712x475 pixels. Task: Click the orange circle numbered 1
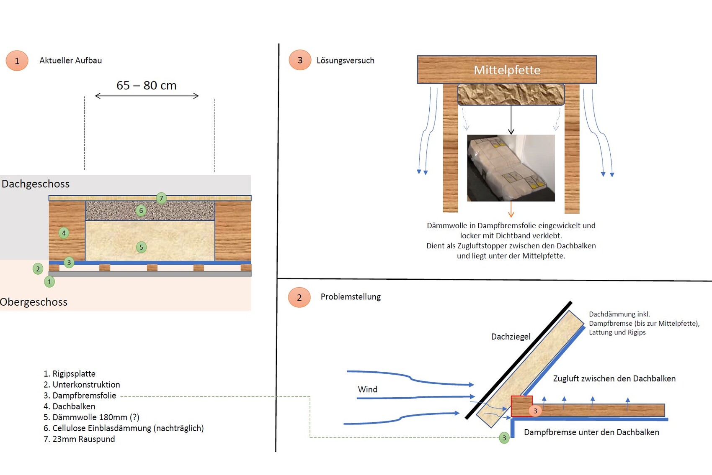[17, 61]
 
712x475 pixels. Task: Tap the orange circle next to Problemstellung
[299, 297]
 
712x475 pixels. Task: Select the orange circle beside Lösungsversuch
[300, 60]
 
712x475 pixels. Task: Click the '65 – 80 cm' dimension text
[147, 85]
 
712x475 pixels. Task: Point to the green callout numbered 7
[161, 198]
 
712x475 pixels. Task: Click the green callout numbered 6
[141, 210]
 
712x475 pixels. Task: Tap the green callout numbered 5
[142, 247]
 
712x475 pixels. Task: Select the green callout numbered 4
[64, 233]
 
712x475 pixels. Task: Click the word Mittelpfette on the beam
[507, 70]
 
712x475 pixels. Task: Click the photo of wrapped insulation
[511, 168]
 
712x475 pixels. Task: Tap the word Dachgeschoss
[36, 184]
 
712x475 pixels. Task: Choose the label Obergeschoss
[34, 302]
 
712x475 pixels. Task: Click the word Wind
[367, 389]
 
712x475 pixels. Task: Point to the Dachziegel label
[511, 337]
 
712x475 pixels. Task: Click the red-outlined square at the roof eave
[521, 406]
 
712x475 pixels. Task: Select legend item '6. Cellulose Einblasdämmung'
[124, 428]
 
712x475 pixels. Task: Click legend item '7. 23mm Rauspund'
[79, 439]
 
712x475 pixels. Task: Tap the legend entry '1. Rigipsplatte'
[70, 374]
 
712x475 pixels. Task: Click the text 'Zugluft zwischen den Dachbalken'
[614, 378]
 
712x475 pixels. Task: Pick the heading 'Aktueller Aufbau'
[70, 61]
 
